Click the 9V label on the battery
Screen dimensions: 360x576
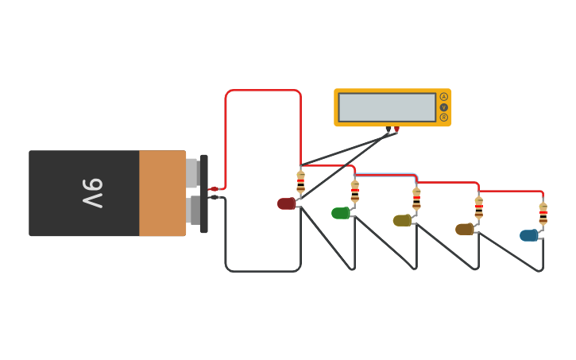click(x=92, y=193)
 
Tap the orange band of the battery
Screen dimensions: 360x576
click(x=162, y=193)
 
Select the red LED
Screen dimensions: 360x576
click(x=286, y=203)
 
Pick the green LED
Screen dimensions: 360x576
click(x=340, y=213)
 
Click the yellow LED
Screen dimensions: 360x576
click(x=402, y=220)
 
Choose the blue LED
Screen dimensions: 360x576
click(x=528, y=235)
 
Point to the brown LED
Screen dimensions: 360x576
click(x=464, y=229)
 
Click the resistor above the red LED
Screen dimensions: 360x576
click(x=300, y=182)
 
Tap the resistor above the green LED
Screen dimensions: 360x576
click(x=354, y=191)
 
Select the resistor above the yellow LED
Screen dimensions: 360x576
click(x=416, y=198)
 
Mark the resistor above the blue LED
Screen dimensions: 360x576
click(x=543, y=213)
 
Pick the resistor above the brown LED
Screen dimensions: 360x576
click(x=478, y=207)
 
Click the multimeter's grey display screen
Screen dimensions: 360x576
click(x=387, y=107)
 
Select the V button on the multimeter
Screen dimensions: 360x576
click(x=443, y=107)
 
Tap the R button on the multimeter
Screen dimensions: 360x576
click(x=443, y=118)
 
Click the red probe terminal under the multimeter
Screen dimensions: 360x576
click(x=396, y=130)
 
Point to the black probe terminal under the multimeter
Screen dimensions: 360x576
click(x=389, y=130)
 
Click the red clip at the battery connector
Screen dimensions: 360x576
click(x=214, y=189)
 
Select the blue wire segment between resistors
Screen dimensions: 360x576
click(x=385, y=174)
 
